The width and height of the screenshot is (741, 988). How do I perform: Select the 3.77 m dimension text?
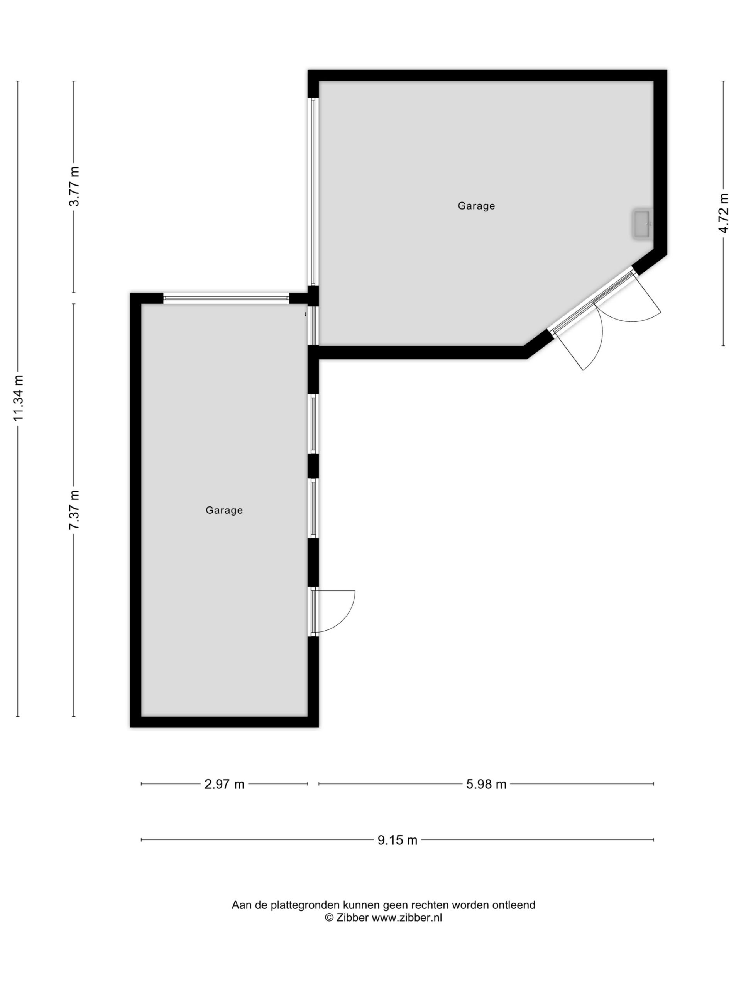(74, 186)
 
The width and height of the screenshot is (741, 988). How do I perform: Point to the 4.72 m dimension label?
(723, 213)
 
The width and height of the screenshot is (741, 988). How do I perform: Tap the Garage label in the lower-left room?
(224, 510)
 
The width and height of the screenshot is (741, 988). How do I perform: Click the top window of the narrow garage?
(226, 298)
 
